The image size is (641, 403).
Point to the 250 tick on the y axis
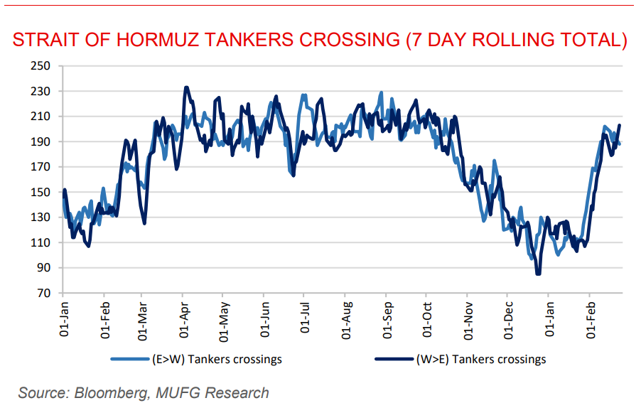42,66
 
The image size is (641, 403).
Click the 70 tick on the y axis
45,293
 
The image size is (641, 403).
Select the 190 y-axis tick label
42,141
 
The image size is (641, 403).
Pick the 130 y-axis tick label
42,217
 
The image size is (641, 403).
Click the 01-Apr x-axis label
184,321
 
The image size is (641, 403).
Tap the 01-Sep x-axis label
387,321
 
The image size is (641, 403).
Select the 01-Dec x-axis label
507,321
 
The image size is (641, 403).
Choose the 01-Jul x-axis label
305,321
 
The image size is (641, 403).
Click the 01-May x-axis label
223,321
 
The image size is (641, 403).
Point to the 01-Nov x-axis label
468,321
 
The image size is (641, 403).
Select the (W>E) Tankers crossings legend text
481,359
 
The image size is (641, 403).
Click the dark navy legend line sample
393,359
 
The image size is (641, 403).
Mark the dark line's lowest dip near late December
538,274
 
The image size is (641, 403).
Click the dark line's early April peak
186,87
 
